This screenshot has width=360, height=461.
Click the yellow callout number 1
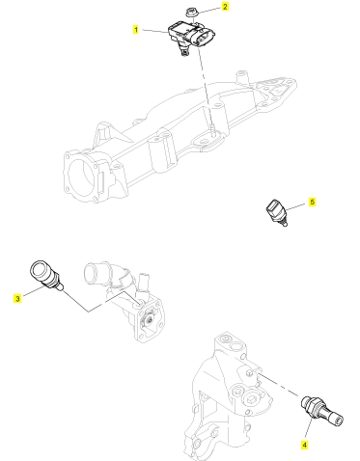tap(136, 30)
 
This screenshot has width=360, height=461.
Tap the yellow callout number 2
tap(225, 7)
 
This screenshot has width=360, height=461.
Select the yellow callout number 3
tap(17, 299)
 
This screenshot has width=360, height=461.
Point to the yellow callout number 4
tap(304, 445)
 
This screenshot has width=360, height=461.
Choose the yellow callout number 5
tap(312, 202)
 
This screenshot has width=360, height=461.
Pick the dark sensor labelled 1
tap(191, 38)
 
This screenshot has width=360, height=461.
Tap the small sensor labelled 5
tap(276, 212)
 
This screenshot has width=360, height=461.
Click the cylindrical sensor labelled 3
tap(45, 275)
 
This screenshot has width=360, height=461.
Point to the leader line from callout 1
tap(155, 31)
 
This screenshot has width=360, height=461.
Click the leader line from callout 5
tap(295, 206)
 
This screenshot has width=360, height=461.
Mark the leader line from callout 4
tap(308, 429)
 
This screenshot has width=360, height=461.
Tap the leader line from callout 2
tap(208, 10)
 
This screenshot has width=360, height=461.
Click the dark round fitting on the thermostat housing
tap(149, 319)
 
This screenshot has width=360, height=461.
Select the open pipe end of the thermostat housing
tap(91, 272)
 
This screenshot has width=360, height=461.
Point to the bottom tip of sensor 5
tap(284, 225)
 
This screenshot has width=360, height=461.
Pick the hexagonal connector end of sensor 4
tap(337, 420)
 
